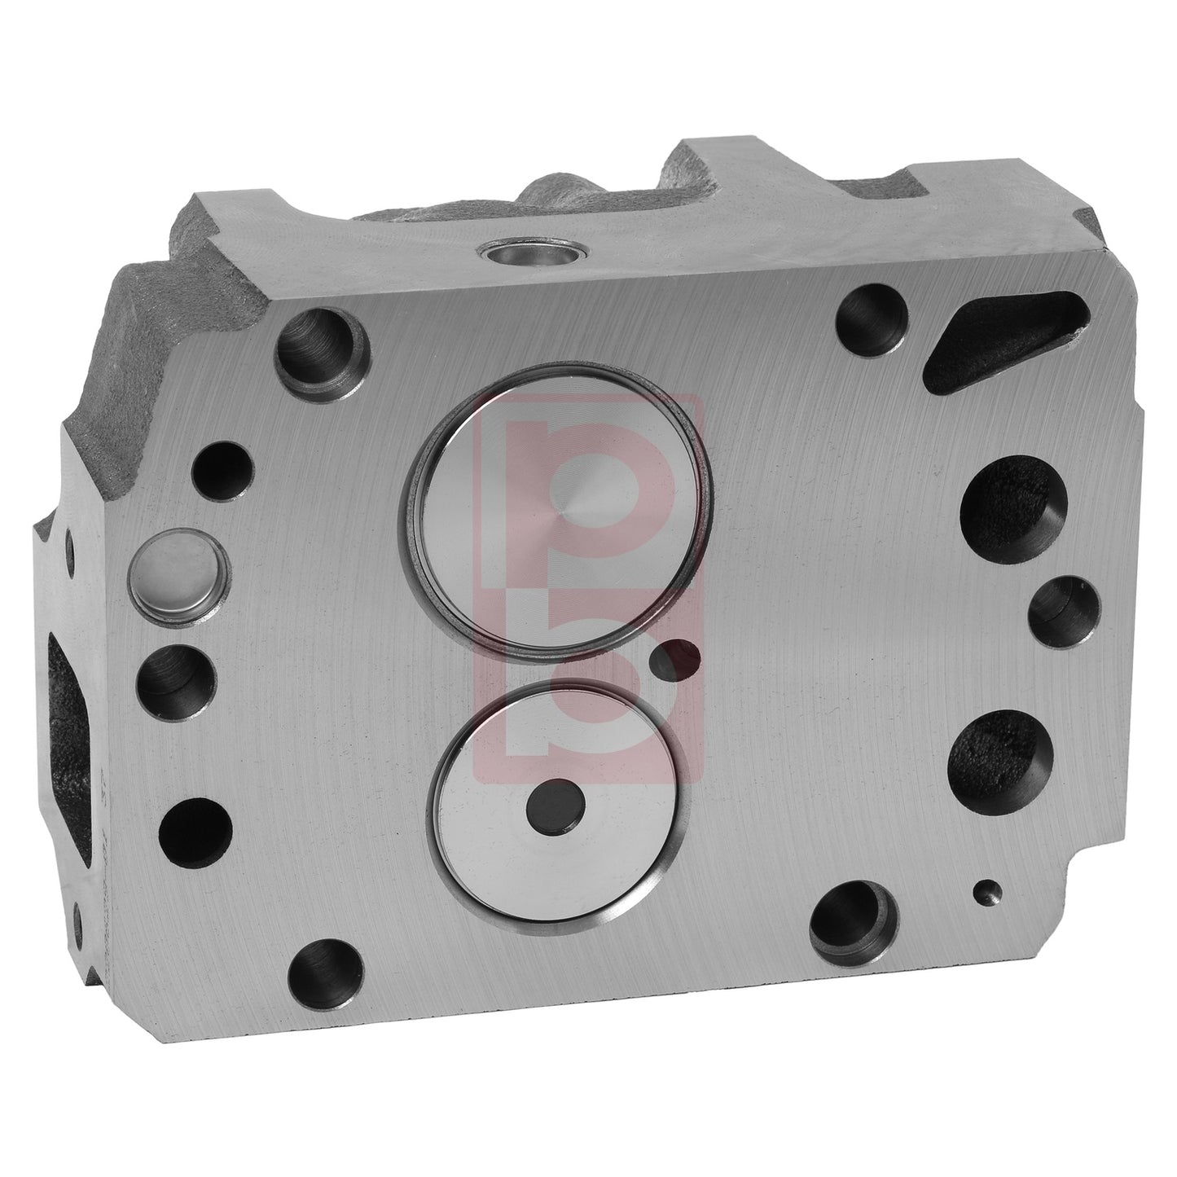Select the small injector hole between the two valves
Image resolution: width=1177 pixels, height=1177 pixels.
click(x=676, y=658)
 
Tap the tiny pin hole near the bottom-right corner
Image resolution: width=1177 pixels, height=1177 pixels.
click(x=986, y=894)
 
